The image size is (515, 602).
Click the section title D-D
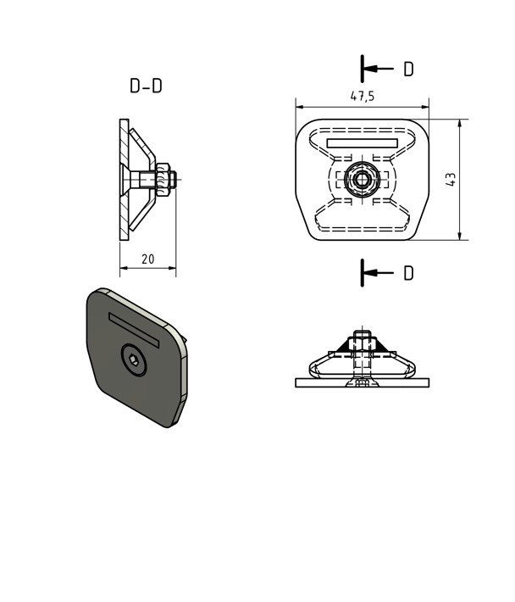coord(146,86)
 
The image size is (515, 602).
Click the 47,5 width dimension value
coord(363,96)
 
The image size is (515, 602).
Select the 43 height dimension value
coord(451,180)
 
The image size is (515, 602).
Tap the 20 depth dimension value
coord(147,259)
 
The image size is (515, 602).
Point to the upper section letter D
coord(409,70)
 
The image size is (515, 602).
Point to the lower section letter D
coord(409,273)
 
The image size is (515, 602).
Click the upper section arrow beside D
coord(379,69)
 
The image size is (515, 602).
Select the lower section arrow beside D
coord(379,273)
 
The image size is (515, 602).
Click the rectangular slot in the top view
coord(362,143)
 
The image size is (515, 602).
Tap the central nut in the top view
coord(362,179)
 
